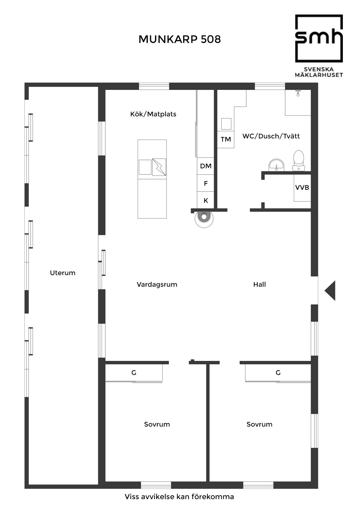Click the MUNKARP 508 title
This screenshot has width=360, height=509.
pyautogui.click(x=180, y=39)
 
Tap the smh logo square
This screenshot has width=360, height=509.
pyautogui.click(x=319, y=39)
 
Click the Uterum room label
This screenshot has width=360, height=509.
pyautogui.click(x=63, y=273)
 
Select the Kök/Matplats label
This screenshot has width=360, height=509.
pyautogui.click(x=153, y=114)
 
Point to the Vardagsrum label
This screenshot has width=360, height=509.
pyautogui.click(x=157, y=285)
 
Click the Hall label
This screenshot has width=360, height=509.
pyautogui.click(x=260, y=284)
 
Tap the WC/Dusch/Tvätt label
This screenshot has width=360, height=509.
pyautogui.click(x=271, y=136)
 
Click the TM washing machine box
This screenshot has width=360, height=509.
pyautogui.click(x=226, y=140)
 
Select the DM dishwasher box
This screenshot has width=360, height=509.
pyautogui.click(x=206, y=166)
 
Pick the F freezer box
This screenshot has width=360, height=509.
pyautogui.click(x=206, y=183)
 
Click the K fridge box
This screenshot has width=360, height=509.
pyautogui.click(x=206, y=200)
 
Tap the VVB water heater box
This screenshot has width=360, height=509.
pyautogui.click(x=302, y=188)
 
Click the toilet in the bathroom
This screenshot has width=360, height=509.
pyautogui.click(x=298, y=160)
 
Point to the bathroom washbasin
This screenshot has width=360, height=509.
pyautogui.click(x=276, y=165)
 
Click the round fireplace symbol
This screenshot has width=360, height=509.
pyautogui.click(x=204, y=218)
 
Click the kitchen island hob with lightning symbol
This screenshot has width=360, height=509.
pyautogui.click(x=159, y=167)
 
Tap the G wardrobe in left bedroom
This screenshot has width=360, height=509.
pyautogui.click(x=134, y=373)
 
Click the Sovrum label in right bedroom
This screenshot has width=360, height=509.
pyautogui.click(x=260, y=425)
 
